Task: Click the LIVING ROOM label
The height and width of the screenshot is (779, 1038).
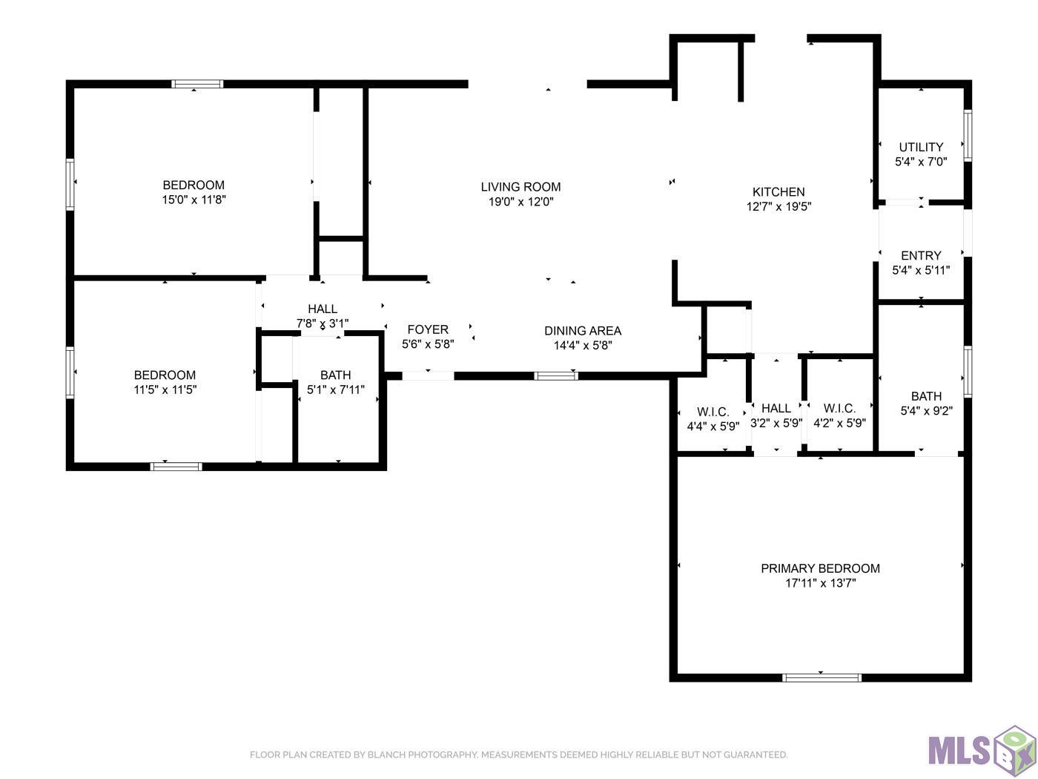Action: (520, 187)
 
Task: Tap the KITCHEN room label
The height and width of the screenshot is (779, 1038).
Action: (778, 191)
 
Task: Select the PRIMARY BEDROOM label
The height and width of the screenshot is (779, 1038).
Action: (820, 568)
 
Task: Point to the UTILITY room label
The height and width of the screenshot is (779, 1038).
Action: (921, 147)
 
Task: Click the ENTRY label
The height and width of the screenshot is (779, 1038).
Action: (921, 255)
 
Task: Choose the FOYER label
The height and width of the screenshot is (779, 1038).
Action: (428, 329)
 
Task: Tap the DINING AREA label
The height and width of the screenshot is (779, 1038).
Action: (583, 331)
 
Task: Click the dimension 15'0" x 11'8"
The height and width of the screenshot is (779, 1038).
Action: (194, 200)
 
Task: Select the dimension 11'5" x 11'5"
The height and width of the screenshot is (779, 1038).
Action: (165, 389)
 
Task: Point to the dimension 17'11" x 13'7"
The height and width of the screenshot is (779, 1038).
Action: (821, 582)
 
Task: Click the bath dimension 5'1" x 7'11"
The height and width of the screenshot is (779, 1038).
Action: (336, 389)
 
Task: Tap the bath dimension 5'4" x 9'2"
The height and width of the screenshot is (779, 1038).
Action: (926, 410)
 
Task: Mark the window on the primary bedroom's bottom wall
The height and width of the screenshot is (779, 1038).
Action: (822, 677)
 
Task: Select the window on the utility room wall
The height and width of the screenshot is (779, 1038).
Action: (968, 136)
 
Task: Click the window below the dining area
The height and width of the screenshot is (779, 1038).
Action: (556, 376)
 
